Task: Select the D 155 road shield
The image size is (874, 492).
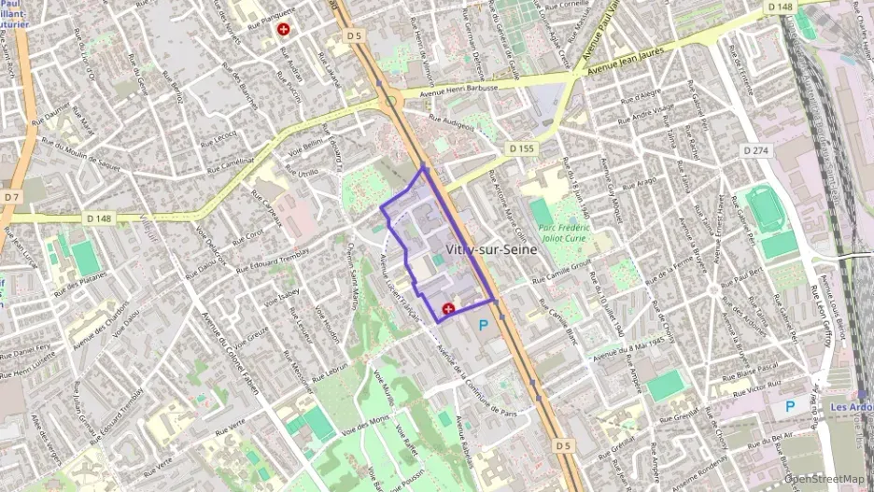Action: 523,148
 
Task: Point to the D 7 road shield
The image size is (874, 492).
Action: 11,197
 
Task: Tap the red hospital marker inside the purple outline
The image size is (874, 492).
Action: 447,307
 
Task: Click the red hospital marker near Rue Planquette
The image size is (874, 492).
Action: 284,30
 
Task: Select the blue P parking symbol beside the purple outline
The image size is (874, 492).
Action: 483,325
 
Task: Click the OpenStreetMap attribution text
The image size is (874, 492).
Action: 819,479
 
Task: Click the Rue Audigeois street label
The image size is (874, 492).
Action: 453,119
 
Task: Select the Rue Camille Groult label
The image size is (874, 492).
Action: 563,273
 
